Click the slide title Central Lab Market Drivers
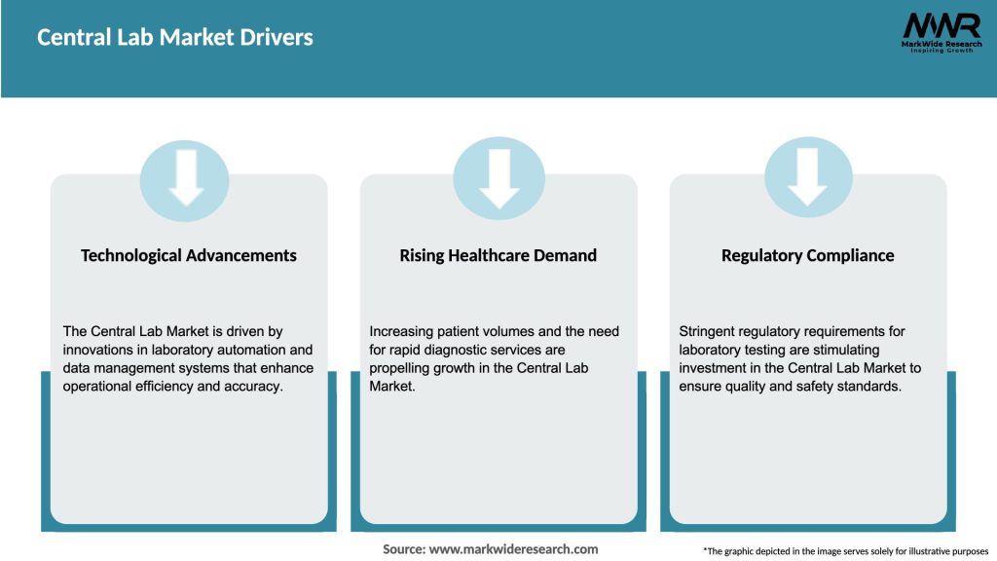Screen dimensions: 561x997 click(175, 38)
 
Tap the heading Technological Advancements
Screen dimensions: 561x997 click(189, 255)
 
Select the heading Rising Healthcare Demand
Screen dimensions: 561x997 click(498, 255)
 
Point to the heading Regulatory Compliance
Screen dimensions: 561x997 click(807, 255)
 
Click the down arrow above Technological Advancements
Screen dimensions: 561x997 click(185, 177)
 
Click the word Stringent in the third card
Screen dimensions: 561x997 click(710, 332)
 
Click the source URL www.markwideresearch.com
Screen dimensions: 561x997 click(513, 549)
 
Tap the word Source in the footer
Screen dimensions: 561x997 click(403, 549)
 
